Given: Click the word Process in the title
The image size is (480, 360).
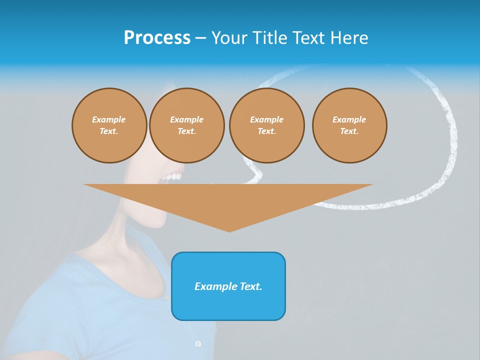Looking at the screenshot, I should [x=157, y=38].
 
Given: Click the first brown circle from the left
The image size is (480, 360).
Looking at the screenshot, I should [x=109, y=125].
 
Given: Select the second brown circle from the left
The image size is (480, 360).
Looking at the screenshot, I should [x=186, y=125].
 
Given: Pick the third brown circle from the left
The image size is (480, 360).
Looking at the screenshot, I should [x=266, y=125].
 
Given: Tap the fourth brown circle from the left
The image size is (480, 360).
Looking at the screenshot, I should [x=349, y=125].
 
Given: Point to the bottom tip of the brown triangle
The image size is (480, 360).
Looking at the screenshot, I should [x=229, y=231].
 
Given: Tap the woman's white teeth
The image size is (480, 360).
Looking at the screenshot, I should [x=174, y=177].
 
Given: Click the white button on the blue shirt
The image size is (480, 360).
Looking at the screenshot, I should [x=198, y=343].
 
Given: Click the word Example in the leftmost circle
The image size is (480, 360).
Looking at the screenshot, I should [x=109, y=119].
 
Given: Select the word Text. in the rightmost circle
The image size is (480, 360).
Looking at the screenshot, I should [x=349, y=131].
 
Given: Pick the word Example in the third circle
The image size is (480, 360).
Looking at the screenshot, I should [x=266, y=119].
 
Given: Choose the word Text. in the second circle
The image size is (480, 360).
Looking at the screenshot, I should [x=186, y=131].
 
